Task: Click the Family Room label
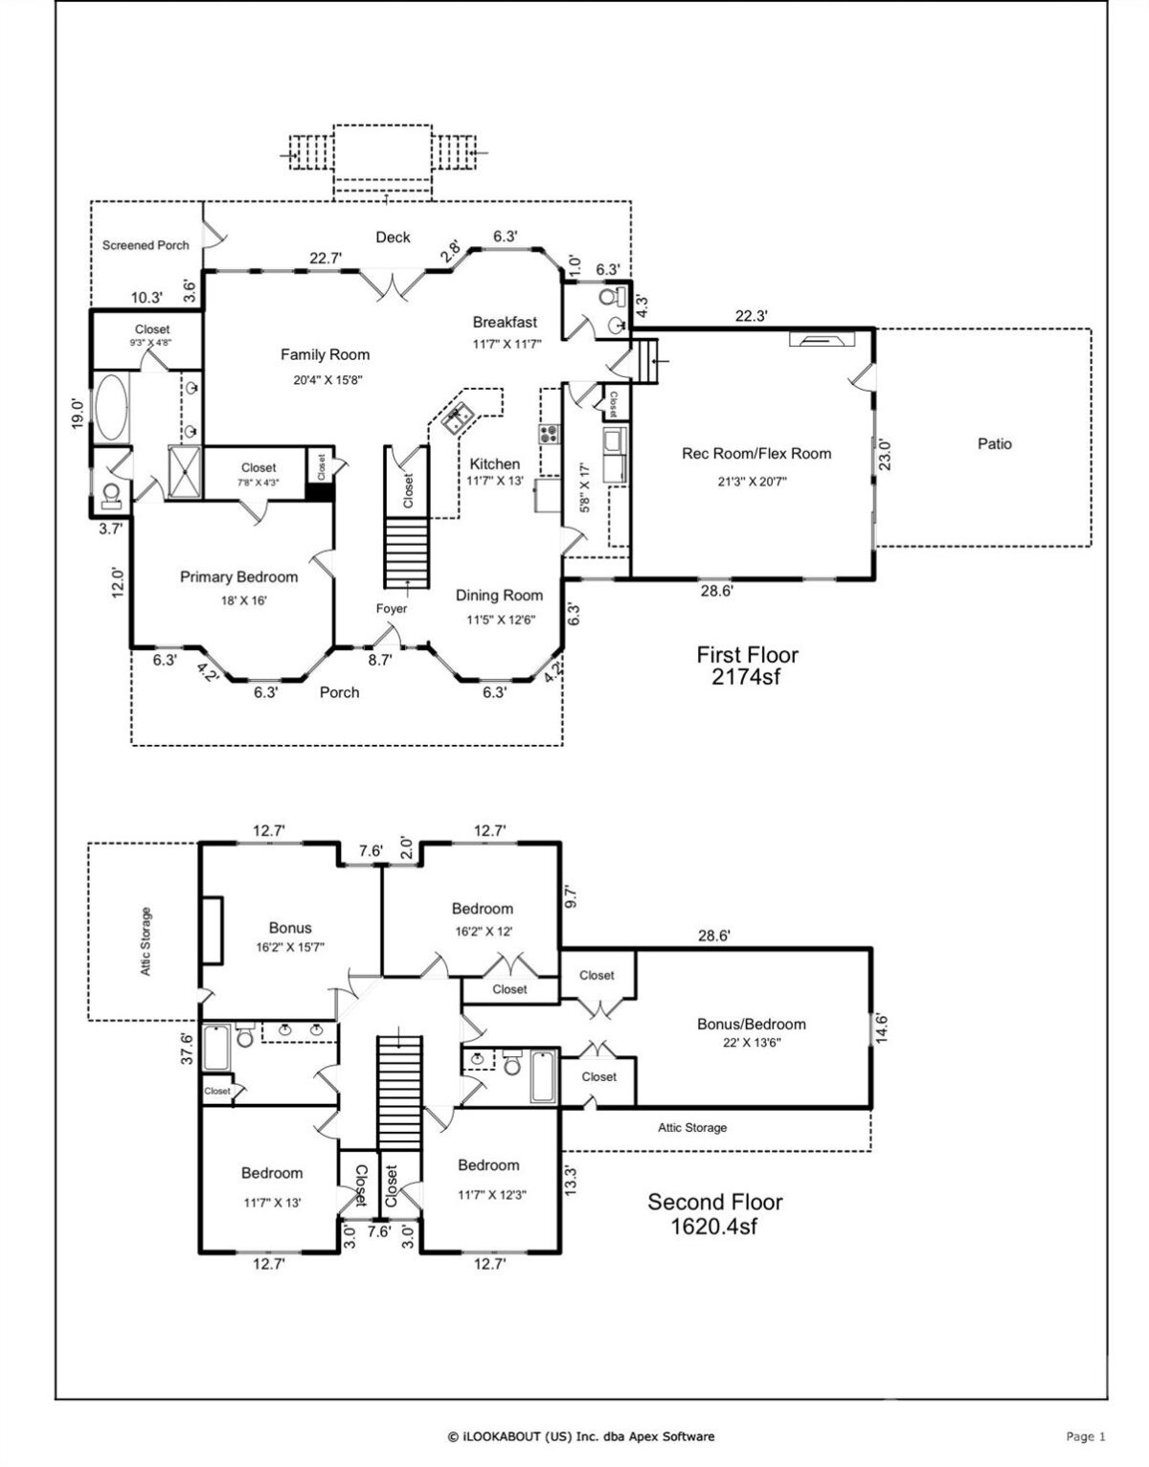click(x=325, y=354)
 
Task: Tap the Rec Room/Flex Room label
click(x=756, y=454)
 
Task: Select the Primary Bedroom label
click(x=238, y=577)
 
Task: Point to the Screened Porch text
click(x=146, y=245)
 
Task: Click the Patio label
click(x=995, y=443)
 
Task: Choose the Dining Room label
click(x=499, y=596)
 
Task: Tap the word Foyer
click(x=392, y=608)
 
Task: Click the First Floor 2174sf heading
click(x=747, y=665)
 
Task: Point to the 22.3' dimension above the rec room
click(x=751, y=315)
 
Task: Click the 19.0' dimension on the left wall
click(x=79, y=413)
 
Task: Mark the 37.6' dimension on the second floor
click(x=187, y=1049)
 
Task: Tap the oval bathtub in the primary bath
click(x=111, y=409)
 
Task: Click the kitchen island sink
click(x=457, y=418)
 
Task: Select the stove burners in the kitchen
click(x=550, y=433)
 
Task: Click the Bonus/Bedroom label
click(x=752, y=1025)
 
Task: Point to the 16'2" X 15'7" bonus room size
click(x=290, y=947)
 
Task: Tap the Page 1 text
click(x=1086, y=1436)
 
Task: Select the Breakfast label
click(x=505, y=322)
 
